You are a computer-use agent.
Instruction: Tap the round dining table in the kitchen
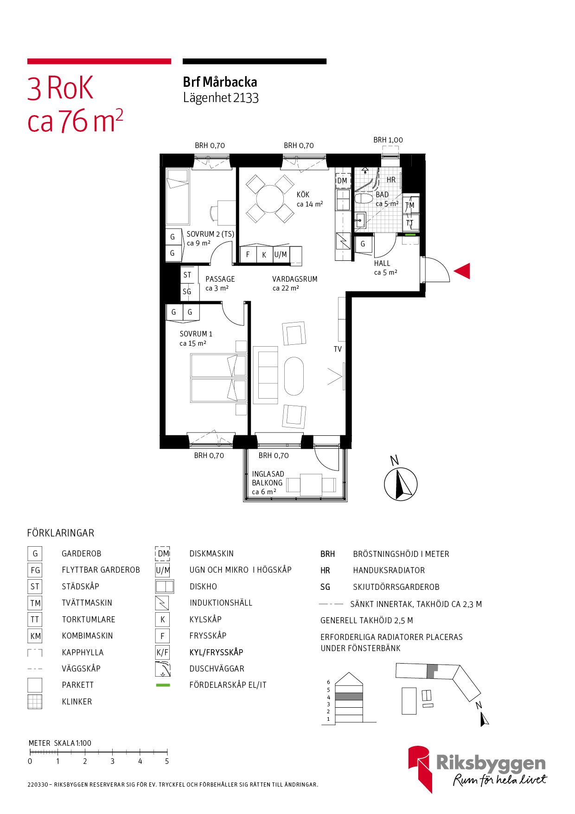(270, 199)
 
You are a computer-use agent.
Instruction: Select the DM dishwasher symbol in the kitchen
(342, 181)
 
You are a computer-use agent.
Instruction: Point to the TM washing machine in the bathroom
(410, 205)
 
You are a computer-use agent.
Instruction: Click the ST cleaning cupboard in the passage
(187, 275)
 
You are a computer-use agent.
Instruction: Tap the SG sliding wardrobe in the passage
(187, 291)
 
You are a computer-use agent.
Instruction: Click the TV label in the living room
(338, 349)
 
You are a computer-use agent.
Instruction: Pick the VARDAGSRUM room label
(295, 279)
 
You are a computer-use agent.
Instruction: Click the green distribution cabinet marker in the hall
(410, 235)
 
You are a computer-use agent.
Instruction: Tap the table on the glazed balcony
(311, 485)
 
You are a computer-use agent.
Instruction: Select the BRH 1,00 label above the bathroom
(388, 140)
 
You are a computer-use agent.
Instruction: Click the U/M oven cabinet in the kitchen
(281, 254)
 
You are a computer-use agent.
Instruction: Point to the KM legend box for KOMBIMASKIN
(35, 636)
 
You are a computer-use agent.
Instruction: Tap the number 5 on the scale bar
(167, 761)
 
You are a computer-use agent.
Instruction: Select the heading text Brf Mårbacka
(220, 82)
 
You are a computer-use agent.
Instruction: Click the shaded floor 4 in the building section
(349, 697)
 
